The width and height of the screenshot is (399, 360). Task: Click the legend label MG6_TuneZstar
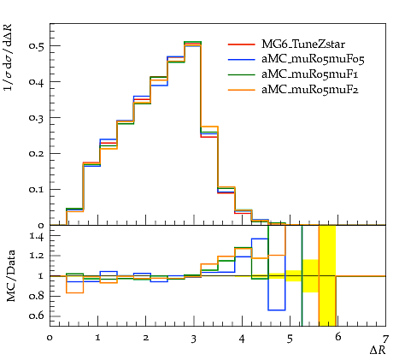coord(303,44)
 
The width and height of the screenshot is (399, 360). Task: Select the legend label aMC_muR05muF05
coord(313,59)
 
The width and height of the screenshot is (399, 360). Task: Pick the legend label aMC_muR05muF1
coord(310,74)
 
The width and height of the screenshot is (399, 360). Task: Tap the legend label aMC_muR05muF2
coord(310,90)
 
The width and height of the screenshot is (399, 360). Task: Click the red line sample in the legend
coord(242,44)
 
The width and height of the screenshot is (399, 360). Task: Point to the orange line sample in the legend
coord(242,90)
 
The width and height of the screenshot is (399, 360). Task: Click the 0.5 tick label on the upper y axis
coord(36,45)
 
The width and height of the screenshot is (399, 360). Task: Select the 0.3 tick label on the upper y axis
coord(36,117)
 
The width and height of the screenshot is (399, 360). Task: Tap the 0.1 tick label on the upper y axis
coord(36,189)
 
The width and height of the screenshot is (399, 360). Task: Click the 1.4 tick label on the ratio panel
coord(37,236)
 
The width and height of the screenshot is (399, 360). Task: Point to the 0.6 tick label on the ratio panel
coord(37,316)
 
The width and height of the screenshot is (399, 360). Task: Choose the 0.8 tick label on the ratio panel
coord(37,296)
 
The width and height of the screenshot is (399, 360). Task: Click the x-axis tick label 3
coord(194,339)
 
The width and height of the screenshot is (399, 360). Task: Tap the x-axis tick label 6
coord(338,338)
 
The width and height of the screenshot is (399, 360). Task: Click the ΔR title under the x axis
coord(378,350)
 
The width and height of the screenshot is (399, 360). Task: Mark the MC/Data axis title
coord(11,276)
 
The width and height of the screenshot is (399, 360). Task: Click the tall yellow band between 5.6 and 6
coord(327,275)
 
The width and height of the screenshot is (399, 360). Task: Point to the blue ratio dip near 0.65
coord(277,310)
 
